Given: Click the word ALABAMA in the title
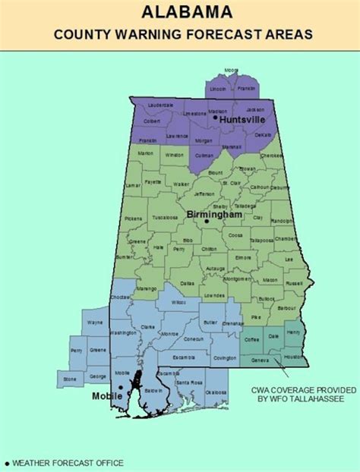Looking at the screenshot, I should (x=179, y=13).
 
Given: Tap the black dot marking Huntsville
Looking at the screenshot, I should (x=216, y=117).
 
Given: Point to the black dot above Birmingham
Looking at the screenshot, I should (x=206, y=222).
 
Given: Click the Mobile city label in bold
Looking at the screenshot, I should (x=106, y=395).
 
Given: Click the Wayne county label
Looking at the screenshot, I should (x=95, y=323).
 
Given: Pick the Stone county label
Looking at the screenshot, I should (x=70, y=379).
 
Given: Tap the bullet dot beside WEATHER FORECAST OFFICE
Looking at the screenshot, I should (x=7, y=462).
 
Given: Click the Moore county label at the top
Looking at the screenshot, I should (x=231, y=70).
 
